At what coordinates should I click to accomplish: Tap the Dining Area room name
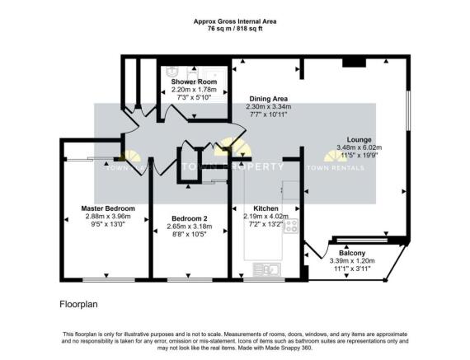click(268, 99)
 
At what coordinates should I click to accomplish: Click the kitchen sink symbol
click(267, 269)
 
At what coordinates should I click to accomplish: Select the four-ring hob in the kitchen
click(290, 225)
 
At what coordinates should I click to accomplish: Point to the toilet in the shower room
click(173, 71)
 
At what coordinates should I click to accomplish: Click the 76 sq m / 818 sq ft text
click(234, 29)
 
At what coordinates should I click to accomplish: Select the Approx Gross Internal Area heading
click(234, 21)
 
